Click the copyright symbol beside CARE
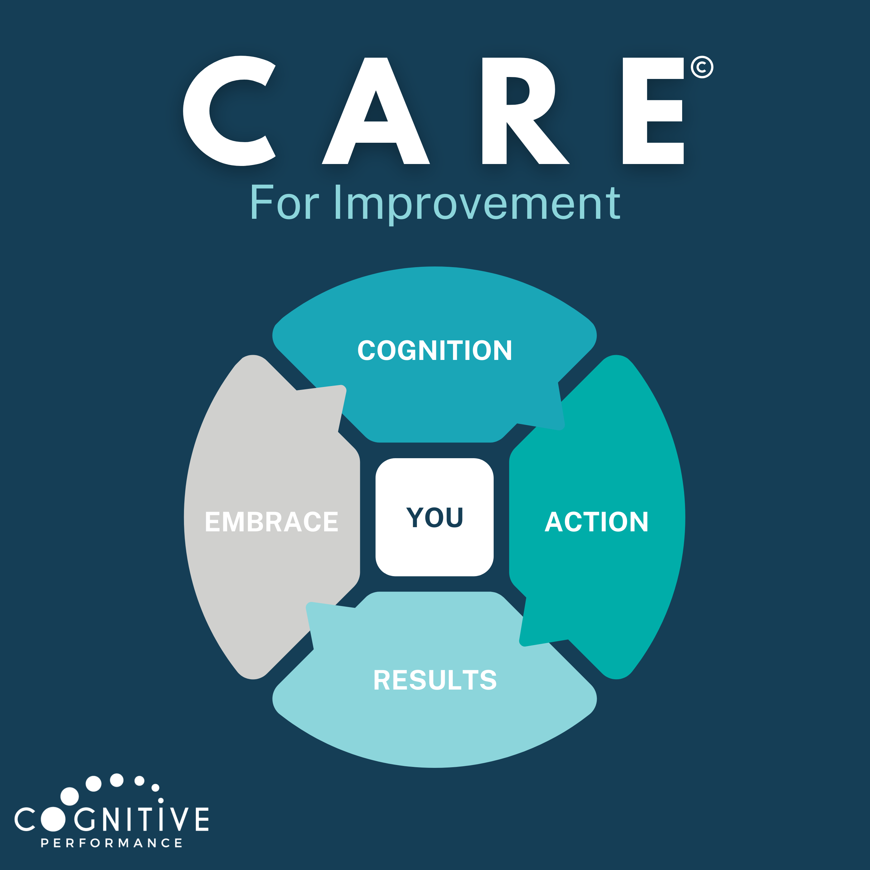(x=701, y=67)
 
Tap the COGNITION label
(x=435, y=350)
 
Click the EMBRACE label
(x=272, y=522)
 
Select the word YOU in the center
(x=435, y=517)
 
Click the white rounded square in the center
(x=435, y=517)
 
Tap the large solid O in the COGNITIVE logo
(x=53, y=819)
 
